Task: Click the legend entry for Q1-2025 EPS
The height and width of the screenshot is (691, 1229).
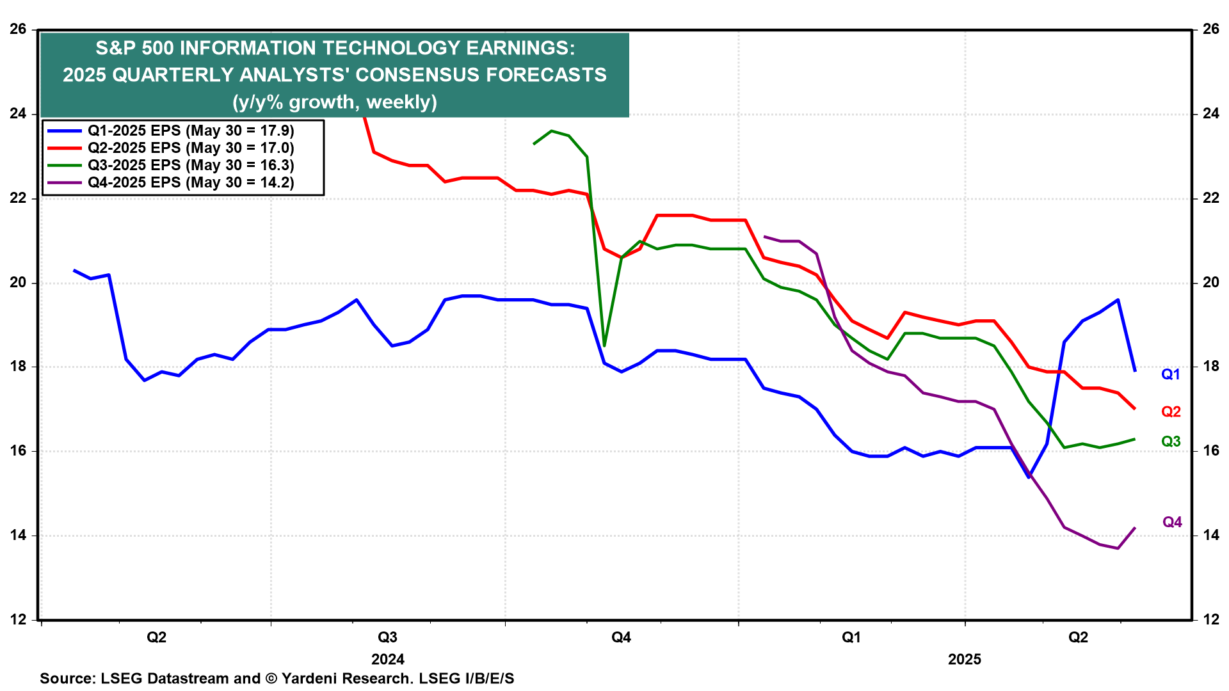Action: click(190, 131)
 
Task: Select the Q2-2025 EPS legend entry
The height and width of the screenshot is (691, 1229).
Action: click(190, 148)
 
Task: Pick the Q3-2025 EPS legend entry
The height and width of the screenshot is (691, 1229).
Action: click(190, 165)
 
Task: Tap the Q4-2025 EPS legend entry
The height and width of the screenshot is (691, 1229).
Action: click(190, 182)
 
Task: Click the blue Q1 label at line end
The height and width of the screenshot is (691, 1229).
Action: click(1170, 374)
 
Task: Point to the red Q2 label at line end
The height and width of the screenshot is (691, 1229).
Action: click(1170, 411)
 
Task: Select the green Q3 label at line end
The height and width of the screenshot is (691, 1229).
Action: click(1170, 441)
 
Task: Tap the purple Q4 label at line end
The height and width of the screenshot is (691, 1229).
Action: click(1171, 522)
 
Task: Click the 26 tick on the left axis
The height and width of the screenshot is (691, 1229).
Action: click(18, 29)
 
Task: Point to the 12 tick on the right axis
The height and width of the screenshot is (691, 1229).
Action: click(1210, 619)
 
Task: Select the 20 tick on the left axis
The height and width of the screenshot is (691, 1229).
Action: click(18, 283)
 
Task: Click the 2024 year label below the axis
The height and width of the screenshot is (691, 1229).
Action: click(388, 659)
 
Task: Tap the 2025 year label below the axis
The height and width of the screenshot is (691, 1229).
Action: click(964, 659)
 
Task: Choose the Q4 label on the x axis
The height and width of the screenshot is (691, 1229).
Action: click(621, 637)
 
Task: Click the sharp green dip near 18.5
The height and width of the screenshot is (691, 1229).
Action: click(604, 345)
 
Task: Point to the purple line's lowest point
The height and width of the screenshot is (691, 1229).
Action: click(1118, 548)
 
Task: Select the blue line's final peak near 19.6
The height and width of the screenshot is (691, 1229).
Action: click(1118, 299)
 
